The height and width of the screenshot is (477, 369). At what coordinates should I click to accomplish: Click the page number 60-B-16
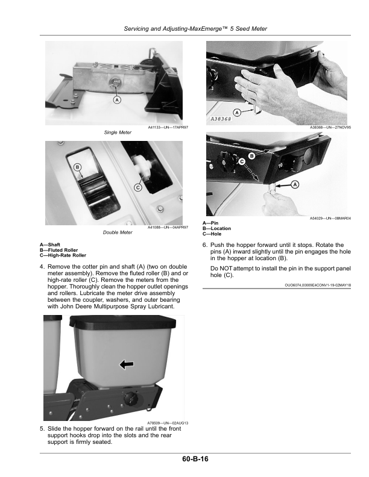coord(195,459)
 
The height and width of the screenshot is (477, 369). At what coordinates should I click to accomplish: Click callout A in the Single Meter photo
coord(117,100)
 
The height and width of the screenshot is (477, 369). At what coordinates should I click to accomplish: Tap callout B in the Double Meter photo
coord(77,167)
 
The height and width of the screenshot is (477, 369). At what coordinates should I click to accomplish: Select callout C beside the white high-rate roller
coord(138,187)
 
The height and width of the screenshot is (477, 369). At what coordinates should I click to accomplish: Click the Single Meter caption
coord(118,132)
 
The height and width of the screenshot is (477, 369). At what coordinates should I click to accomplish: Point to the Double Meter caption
coord(118,232)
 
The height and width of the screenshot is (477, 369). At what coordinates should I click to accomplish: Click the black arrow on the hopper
coord(127,364)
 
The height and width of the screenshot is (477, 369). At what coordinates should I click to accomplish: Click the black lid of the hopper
coord(122,322)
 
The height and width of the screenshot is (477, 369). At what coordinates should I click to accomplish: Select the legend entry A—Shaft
coord(50,245)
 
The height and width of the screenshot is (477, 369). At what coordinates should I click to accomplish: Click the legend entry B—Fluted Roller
coord(58,250)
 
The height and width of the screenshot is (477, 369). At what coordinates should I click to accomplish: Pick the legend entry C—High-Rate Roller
coord(63,255)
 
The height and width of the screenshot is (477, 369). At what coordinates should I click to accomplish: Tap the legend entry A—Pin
coord(210,223)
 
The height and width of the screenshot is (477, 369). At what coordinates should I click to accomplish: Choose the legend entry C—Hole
coord(212,234)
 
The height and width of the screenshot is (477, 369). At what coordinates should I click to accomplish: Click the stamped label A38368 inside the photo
coord(221,119)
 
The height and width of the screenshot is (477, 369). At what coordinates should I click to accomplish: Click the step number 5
coord(42,429)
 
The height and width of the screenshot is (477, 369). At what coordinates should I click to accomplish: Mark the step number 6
coord(205,245)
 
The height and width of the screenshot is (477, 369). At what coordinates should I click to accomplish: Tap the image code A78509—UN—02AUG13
coord(168,423)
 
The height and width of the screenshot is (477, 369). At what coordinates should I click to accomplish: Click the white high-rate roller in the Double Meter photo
coord(143,167)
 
